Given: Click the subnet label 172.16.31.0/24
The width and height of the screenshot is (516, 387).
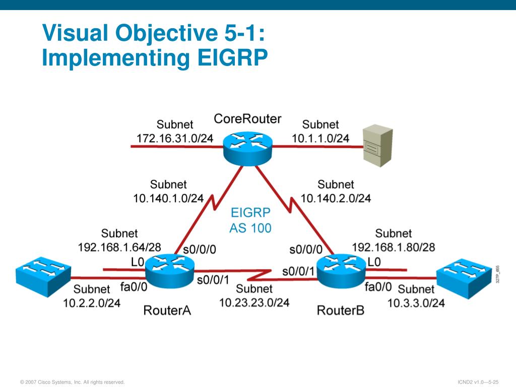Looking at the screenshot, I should click(175, 138).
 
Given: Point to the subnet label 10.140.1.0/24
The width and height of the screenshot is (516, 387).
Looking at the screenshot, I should click(168, 198).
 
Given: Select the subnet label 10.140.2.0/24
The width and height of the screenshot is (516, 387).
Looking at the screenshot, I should click(336, 198).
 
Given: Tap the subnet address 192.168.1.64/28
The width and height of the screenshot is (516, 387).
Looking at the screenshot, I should click(119, 247).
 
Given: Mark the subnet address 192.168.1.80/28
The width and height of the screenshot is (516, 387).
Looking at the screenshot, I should click(393, 247).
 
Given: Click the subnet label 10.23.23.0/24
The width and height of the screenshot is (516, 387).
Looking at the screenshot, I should click(254, 302).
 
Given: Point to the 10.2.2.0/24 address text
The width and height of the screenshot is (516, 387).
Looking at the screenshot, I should click(92, 303).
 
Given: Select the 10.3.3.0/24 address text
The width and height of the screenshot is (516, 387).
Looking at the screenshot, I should click(416, 303).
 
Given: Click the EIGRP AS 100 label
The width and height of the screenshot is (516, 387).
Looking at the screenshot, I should click(250, 220).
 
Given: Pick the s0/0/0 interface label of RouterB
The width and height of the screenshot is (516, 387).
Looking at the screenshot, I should click(306, 249).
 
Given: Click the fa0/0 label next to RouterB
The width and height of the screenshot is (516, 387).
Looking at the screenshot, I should click(378, 287).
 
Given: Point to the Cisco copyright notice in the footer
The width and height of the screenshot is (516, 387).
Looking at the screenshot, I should click(72, 382).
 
